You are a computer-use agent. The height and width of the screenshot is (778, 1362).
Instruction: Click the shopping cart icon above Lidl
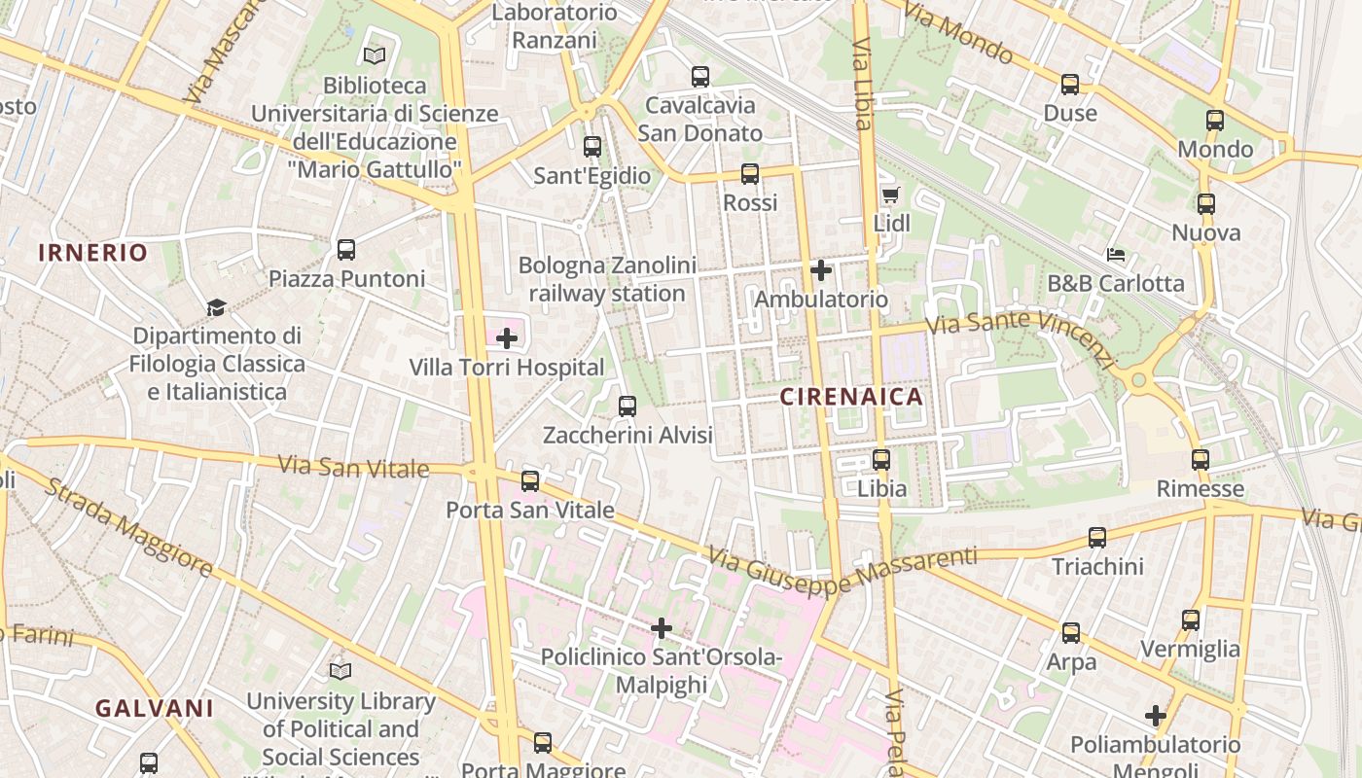(889, 194)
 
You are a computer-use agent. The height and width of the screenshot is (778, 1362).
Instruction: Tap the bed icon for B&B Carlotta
(1116, 255)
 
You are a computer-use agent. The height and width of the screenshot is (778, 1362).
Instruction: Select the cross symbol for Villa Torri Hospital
(507, 338)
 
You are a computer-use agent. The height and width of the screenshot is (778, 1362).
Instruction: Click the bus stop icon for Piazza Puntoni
(346, 250)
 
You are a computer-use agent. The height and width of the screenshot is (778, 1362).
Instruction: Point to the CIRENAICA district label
(851, 397)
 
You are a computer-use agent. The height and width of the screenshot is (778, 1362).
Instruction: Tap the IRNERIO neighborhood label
(93, 253)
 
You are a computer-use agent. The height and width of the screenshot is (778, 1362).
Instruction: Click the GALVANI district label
(154, 708)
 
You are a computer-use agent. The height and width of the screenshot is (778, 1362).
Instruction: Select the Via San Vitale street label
(353, 468)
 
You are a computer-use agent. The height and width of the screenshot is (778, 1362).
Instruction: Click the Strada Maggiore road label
(128, 527)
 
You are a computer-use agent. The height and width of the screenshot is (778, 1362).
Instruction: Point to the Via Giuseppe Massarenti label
(842, 570)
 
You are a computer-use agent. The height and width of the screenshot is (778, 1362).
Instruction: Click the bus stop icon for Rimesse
(1201, 460)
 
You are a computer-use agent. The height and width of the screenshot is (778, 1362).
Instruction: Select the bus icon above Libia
(881, 460)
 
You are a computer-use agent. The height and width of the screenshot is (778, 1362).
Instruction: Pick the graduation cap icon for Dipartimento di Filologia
(216, 307)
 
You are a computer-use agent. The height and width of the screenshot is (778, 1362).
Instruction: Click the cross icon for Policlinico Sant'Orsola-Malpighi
(662, 628)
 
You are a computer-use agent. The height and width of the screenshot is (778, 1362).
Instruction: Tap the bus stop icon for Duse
(1070, 85)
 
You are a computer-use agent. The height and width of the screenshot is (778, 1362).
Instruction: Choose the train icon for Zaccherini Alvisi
(627, 407)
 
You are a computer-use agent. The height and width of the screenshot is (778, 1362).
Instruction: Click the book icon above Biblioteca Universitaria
(375, 56)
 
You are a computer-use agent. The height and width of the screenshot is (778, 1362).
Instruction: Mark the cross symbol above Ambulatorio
(821, 270)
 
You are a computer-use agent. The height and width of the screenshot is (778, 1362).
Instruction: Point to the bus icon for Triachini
(1097, 538)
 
